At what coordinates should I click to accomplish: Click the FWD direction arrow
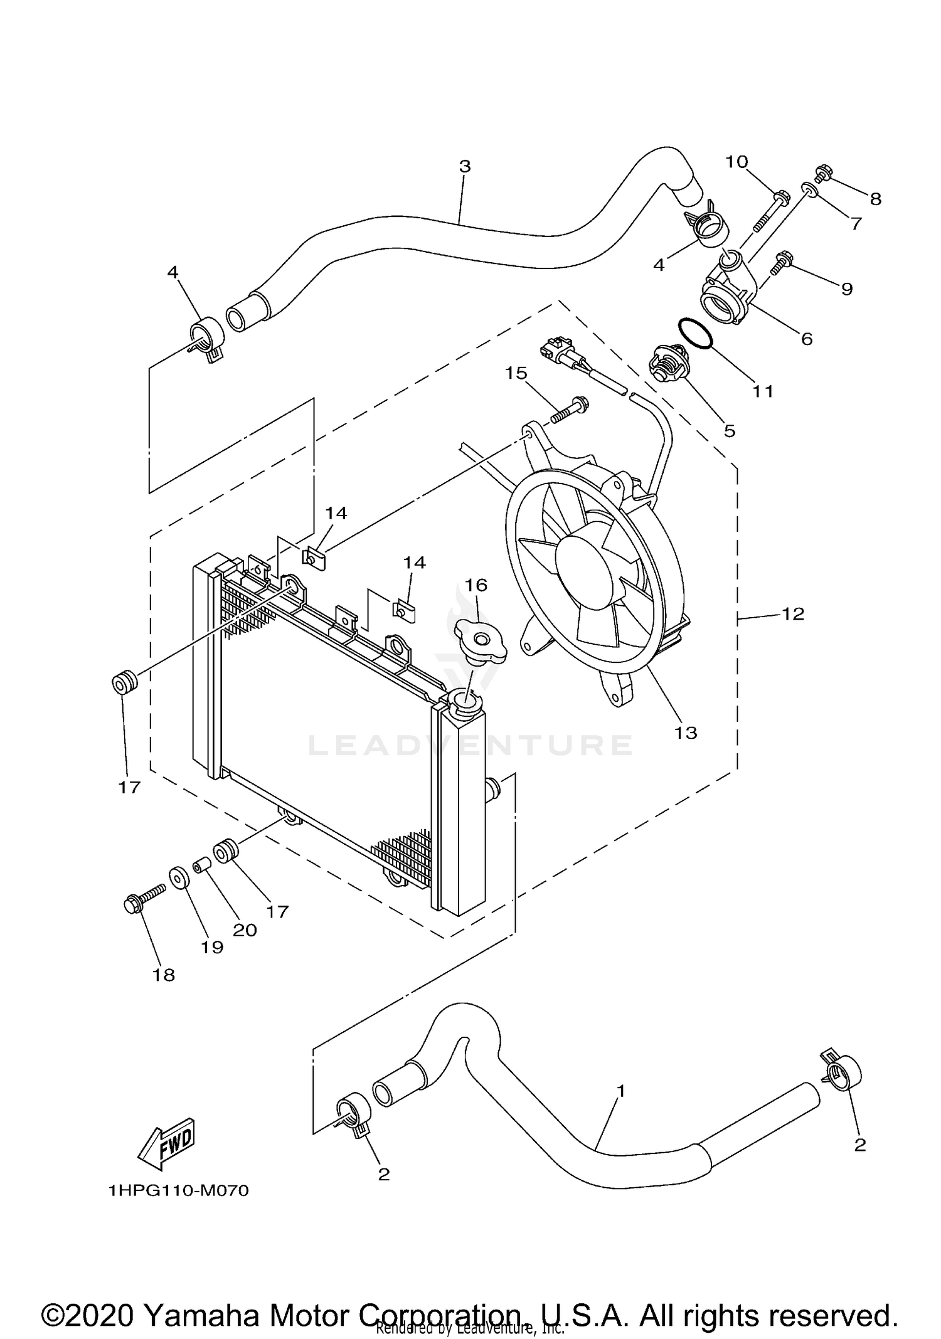[166, 1143]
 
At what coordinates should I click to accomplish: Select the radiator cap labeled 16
[480, 640]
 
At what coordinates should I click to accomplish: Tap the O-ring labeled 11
[695, 332]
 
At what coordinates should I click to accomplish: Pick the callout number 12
[793, 614]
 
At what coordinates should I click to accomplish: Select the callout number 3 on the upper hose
[464, 167]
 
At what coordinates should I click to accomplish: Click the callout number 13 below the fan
[686, 732]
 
